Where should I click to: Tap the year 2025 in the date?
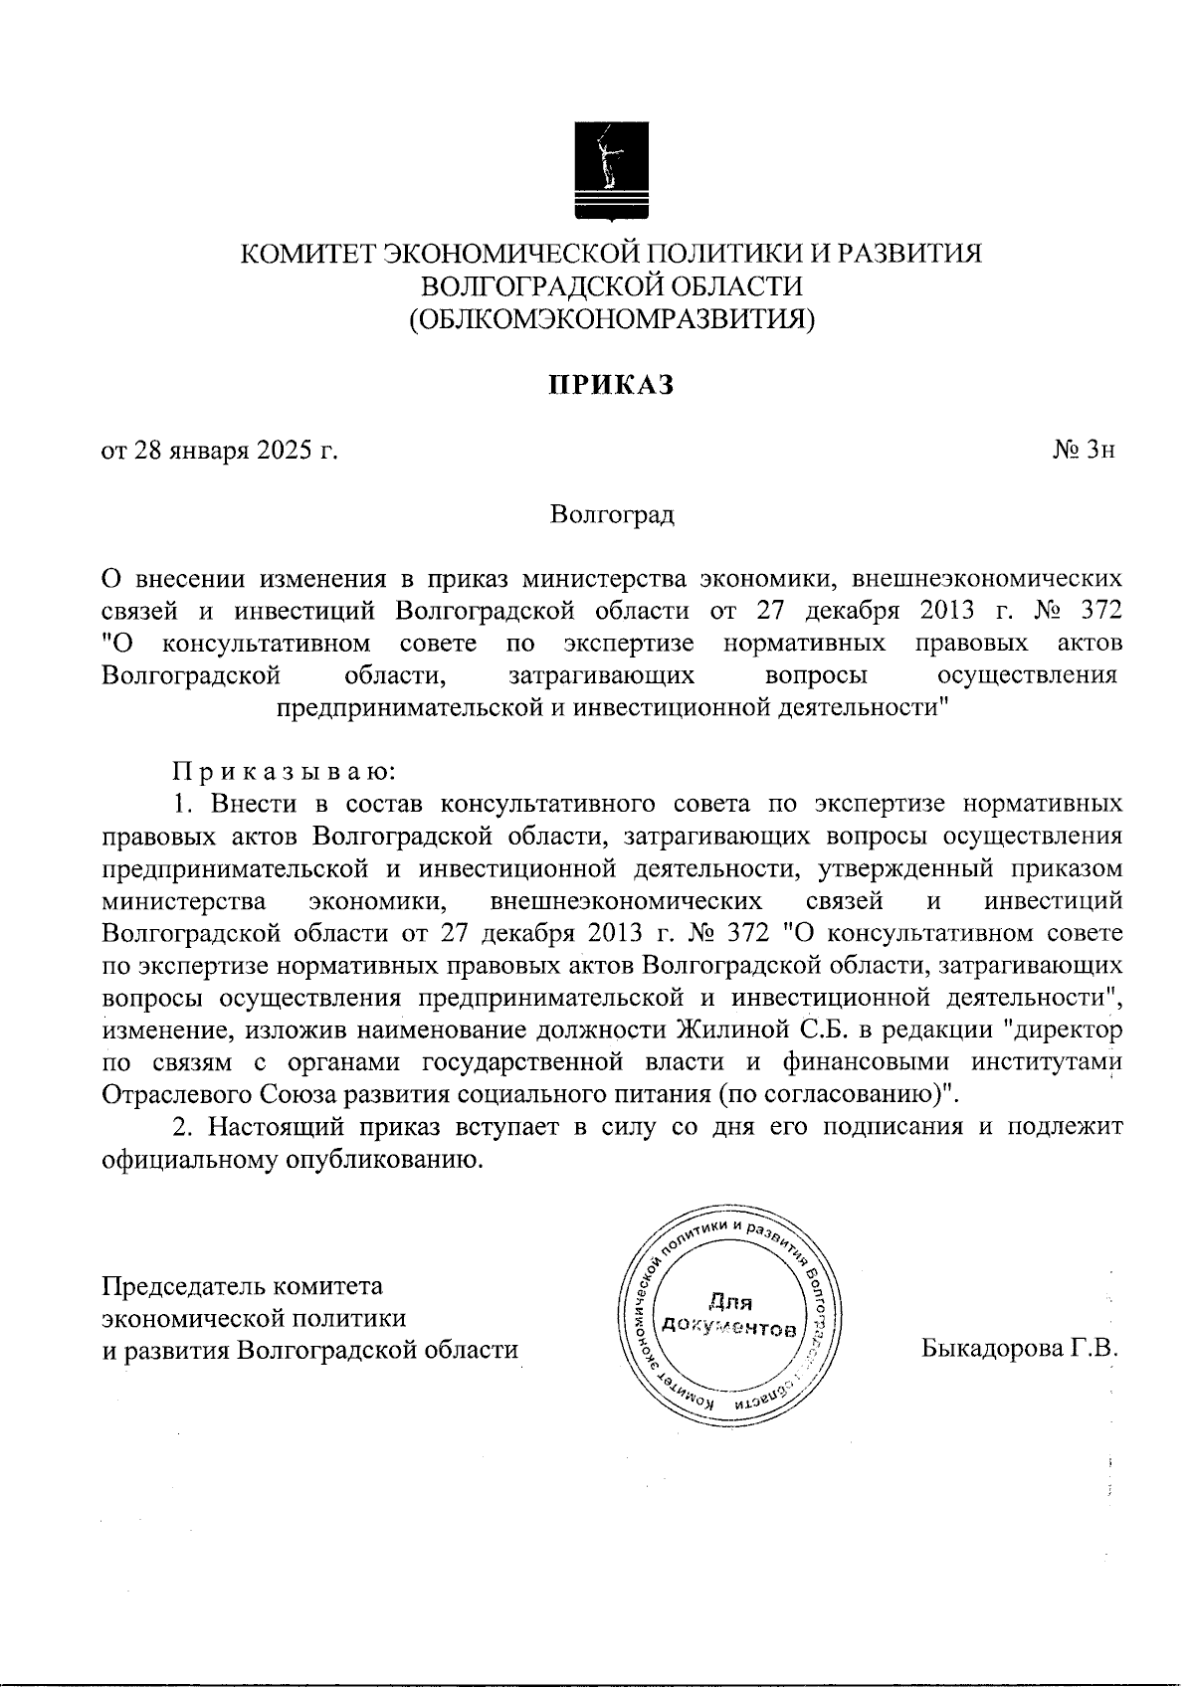click(x=285, y=452)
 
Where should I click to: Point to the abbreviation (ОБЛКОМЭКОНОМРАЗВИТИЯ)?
click(x=613, y=319)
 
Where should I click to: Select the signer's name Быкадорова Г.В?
click(x=1021, y=1350)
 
